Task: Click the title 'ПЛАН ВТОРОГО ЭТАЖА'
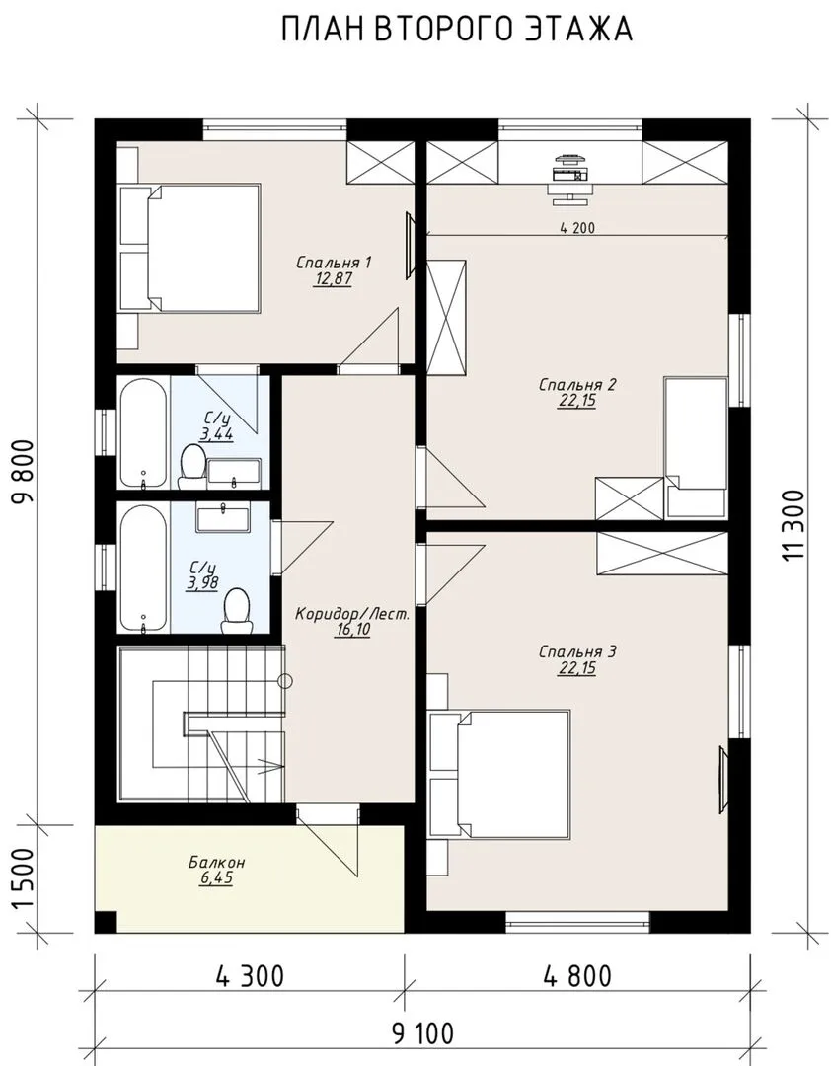coord(457,29)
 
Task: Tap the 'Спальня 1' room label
coord(334,262)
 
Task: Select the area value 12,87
coord(333,278)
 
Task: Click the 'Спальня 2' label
coord(577,385)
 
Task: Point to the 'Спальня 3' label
coord(577,652)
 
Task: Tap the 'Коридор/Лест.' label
coord(353,614)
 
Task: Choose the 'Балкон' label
coord(217,862)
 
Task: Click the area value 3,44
coord(217,434)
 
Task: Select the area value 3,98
coord(203,583)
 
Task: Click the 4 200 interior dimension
coord(577,228)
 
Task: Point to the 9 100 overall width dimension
coord(422,1034)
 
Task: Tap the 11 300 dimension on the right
coord(793,525)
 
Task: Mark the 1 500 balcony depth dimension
coord(23,879)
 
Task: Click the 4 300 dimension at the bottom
coord(250,976)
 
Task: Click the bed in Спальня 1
coord(190,248)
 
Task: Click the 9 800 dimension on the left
coord(23,471)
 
